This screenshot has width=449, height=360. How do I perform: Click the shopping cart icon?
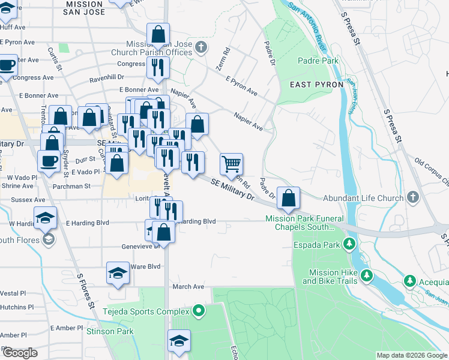pos(231,163)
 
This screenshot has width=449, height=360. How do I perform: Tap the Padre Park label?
pos(318,61)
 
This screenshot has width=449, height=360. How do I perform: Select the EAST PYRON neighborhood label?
pos(316,85)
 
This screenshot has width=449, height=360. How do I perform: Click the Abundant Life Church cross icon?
pos(412,197)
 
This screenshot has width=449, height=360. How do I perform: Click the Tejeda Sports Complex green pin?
pos(199,311)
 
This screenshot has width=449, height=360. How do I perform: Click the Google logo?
pos(19,353)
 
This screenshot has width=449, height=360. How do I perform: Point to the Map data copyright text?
pos(411,355)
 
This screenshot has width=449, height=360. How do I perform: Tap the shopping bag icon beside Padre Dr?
pos(288,197)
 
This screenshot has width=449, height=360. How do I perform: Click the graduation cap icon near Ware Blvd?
pos(118,273)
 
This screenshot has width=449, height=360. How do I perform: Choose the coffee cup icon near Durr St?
pos(49,161)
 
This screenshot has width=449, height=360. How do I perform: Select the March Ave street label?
pos(188,287)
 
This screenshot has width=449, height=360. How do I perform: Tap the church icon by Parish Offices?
pos(202,47)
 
